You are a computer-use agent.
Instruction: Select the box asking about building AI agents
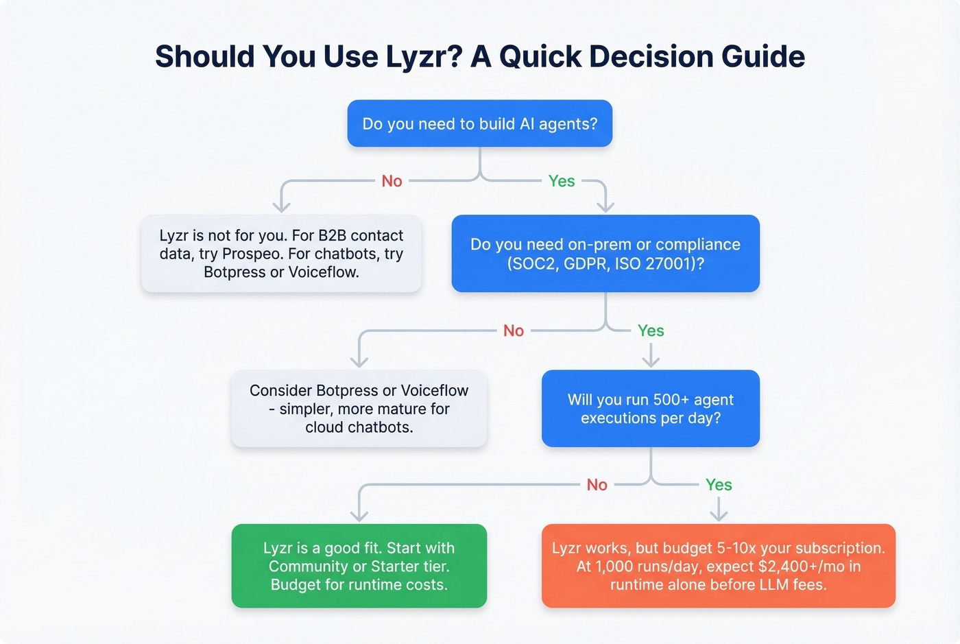tap(479, 123)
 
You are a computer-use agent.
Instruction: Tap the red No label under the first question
tap(392, 181)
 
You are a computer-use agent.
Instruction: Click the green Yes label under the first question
tap(562, 181)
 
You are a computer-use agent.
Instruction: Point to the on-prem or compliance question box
tap(605, 254)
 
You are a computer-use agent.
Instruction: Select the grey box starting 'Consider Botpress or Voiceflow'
tap(359, 409)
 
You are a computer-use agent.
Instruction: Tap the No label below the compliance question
tap(514, 331)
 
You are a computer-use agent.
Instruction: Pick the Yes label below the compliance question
tap(651, 331)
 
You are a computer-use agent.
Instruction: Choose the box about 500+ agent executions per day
tap(650, 409)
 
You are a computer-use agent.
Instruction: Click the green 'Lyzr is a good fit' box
tap(359, 566)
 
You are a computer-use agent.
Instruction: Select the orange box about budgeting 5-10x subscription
tap(718, 566)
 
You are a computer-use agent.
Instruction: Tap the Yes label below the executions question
tap(719, 485)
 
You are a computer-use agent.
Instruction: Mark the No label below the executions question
tap(597, 485)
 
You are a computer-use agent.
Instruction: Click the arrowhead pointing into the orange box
tap(719, 515)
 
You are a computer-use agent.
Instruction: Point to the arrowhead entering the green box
tap(359, 515)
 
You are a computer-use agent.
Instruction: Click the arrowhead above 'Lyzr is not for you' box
tap(282, 206)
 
